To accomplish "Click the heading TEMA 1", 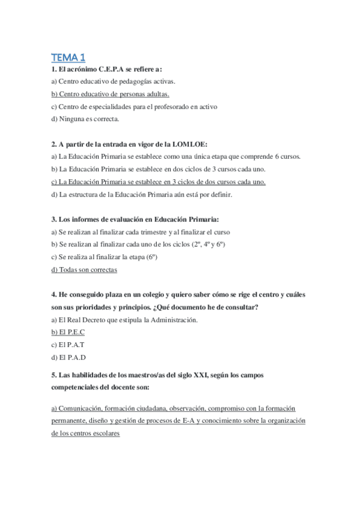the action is coord(69,58).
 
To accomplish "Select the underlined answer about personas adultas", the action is coord(110,94).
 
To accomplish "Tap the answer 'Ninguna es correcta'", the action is coord(85,118).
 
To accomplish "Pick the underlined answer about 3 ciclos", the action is coord(159,182).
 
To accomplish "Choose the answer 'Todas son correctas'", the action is coord(84,269).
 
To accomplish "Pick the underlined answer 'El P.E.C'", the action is coord(68,332).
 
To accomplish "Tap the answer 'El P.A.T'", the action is coord(68,345).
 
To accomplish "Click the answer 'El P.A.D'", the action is coord(69,357).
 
